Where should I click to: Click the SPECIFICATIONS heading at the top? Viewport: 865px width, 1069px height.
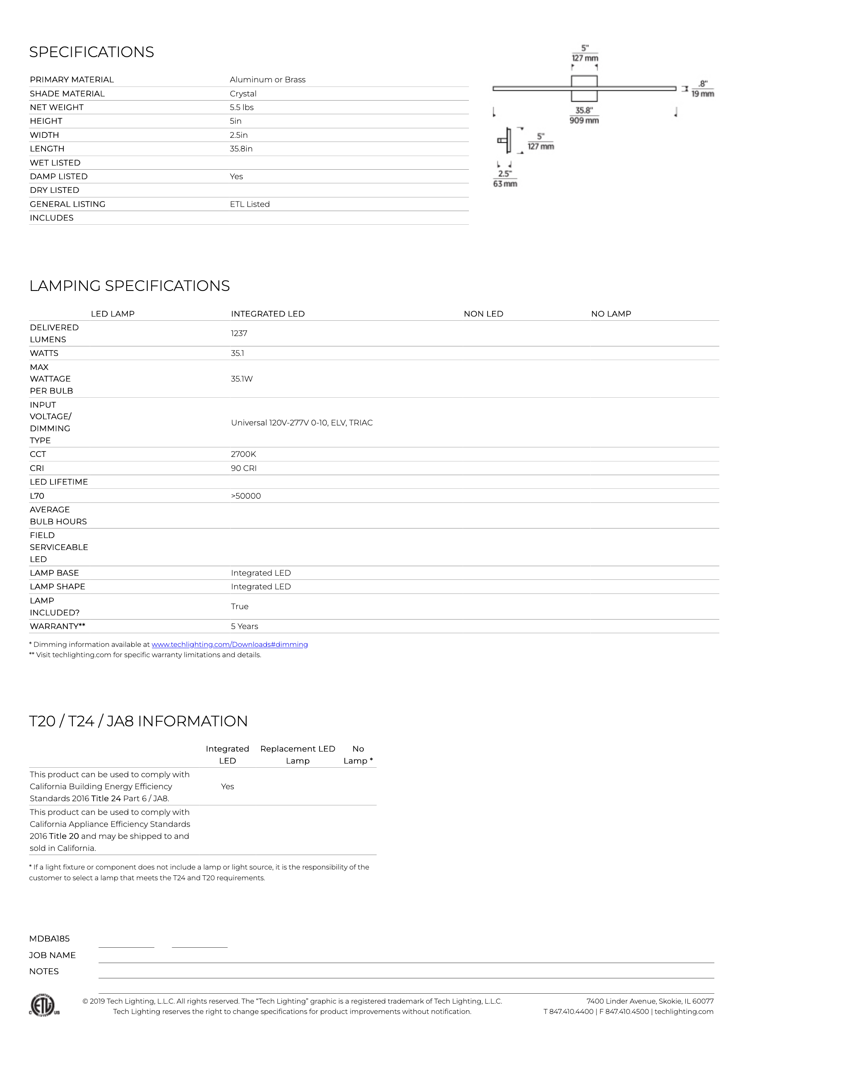[92, 52]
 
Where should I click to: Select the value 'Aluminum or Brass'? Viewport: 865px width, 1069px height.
[268, 80]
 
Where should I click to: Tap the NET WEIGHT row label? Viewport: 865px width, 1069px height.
[57, 107]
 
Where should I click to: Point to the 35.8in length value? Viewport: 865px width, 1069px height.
[241, 149]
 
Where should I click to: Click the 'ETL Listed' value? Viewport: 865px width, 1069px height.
[250, 204]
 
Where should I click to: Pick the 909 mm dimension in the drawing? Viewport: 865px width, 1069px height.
[584, 120]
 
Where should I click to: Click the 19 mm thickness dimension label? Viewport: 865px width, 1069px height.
[703, 94]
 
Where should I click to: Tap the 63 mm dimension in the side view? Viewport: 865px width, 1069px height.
[505, 184]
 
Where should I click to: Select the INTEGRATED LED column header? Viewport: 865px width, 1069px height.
[268, 314]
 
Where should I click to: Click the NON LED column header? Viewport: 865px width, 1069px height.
[483, 314]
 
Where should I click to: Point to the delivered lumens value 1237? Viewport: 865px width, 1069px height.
[239, 333]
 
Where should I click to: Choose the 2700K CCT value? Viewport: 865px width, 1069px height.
[244, 454]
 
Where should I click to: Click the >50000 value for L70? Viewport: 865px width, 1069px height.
[246, 496]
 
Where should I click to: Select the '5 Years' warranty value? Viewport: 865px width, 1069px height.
[245, 626]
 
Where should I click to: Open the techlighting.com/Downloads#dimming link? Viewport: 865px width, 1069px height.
[230, 645]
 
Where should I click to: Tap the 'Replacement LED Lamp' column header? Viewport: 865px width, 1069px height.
[298, 755]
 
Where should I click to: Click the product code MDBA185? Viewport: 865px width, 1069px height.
[49, 939]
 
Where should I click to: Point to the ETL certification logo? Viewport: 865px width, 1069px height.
[45, 1005]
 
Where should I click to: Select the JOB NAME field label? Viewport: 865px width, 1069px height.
[52, 955]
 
